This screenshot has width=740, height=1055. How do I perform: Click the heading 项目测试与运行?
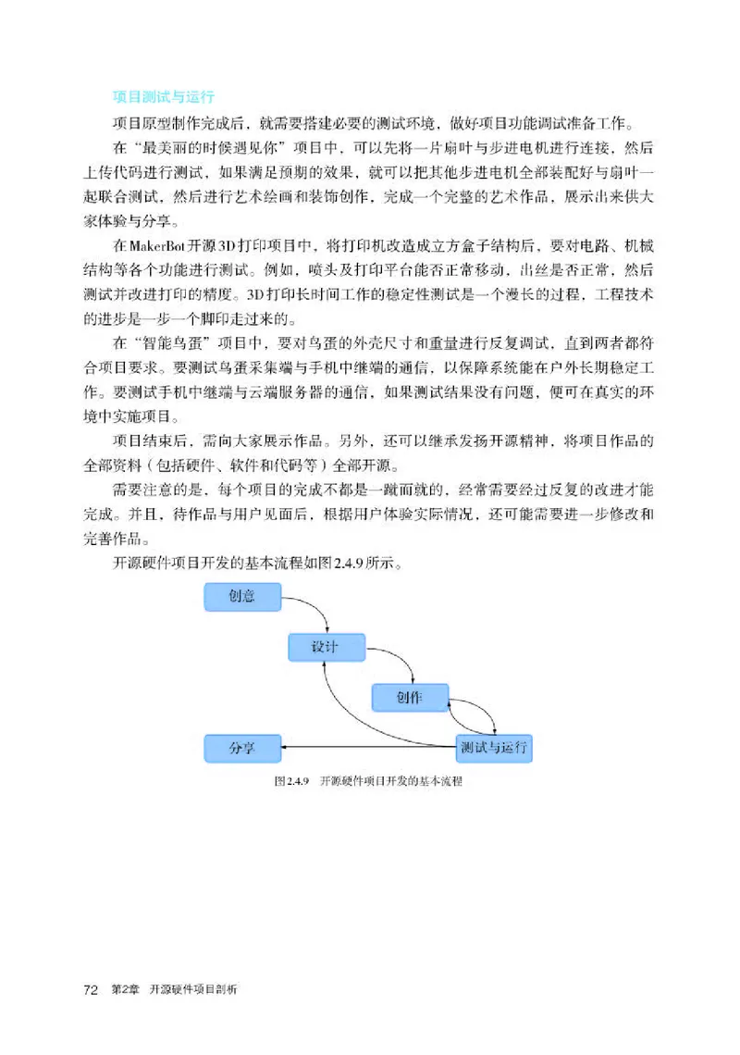pyautogui.click(x=164, y=95)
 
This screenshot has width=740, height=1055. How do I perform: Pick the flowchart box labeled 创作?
pyautogui.click(x=410, y=697)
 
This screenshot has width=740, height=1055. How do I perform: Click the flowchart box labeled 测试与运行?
pyautogui.click(x=495, y=747)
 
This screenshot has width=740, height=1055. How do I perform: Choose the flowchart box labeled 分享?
pyautogui.click(x=241, y=747)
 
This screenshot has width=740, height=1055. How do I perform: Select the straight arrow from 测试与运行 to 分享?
pyautogui.click(x=370, y=747)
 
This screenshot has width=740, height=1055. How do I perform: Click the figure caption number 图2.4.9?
pyautogui.click(x=290, y=781)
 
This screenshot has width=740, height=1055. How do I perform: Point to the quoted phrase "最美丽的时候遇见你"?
pyautogui.click(x=213, y=148)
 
